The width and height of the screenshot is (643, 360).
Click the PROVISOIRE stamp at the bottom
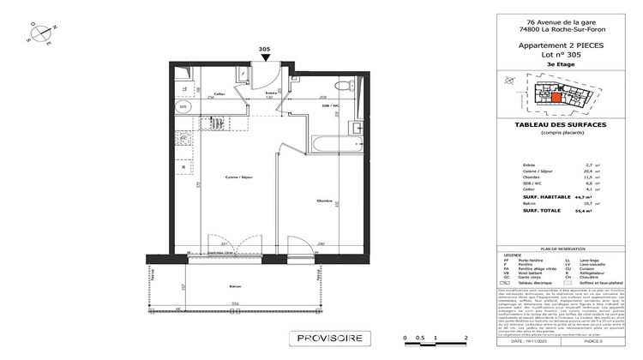click(331, 339)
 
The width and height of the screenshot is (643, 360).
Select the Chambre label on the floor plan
click(324, 201)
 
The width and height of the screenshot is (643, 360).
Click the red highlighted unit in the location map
click(556, 97)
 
